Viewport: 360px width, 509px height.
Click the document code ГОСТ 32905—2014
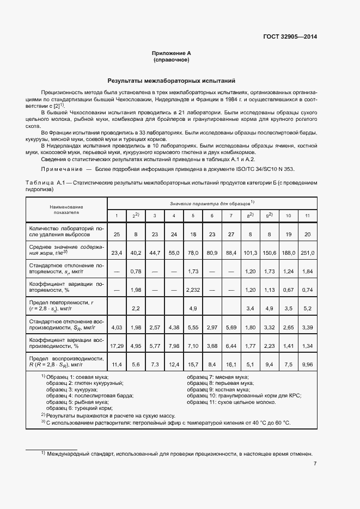tap(289, 37)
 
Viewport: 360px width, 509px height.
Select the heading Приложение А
tap(172, 53)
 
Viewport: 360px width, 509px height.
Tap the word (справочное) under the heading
tap(172, 60)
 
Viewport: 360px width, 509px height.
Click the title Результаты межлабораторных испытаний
tap(172, 80)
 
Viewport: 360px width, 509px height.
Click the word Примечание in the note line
tap(59, 169)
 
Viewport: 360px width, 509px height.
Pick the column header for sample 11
tap(308, 216)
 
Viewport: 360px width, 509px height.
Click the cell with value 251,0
tap(308, 253)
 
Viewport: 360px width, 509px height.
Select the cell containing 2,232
tap(193, 290)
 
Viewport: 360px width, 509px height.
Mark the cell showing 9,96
tap(308, 364)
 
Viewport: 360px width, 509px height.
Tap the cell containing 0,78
tap(136, 271)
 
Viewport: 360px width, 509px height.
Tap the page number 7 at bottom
tap(315, 464)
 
